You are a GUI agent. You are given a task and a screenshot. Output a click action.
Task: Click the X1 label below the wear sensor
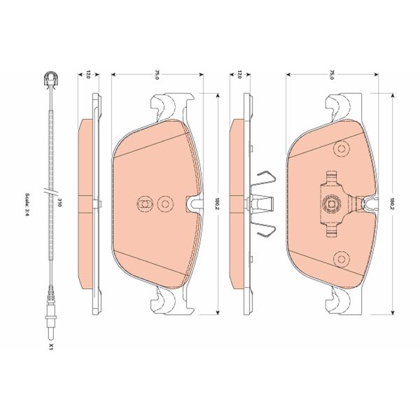[x=52, y=346]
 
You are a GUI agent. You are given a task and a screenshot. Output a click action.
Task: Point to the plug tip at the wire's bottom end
[x=52, y=323]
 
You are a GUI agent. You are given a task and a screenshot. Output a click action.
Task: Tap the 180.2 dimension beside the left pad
[x=218, y=204]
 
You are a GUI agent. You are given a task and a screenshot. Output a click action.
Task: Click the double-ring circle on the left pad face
[x=143, y=204]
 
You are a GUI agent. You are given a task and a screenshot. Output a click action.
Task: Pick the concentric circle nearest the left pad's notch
[x=166, y=204]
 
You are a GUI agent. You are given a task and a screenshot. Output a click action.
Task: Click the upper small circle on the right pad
[x=341, y=149]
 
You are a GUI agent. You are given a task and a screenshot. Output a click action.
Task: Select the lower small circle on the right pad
[x=341, y=256]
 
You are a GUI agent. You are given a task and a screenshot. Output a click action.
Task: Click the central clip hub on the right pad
[x=331, y=204]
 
